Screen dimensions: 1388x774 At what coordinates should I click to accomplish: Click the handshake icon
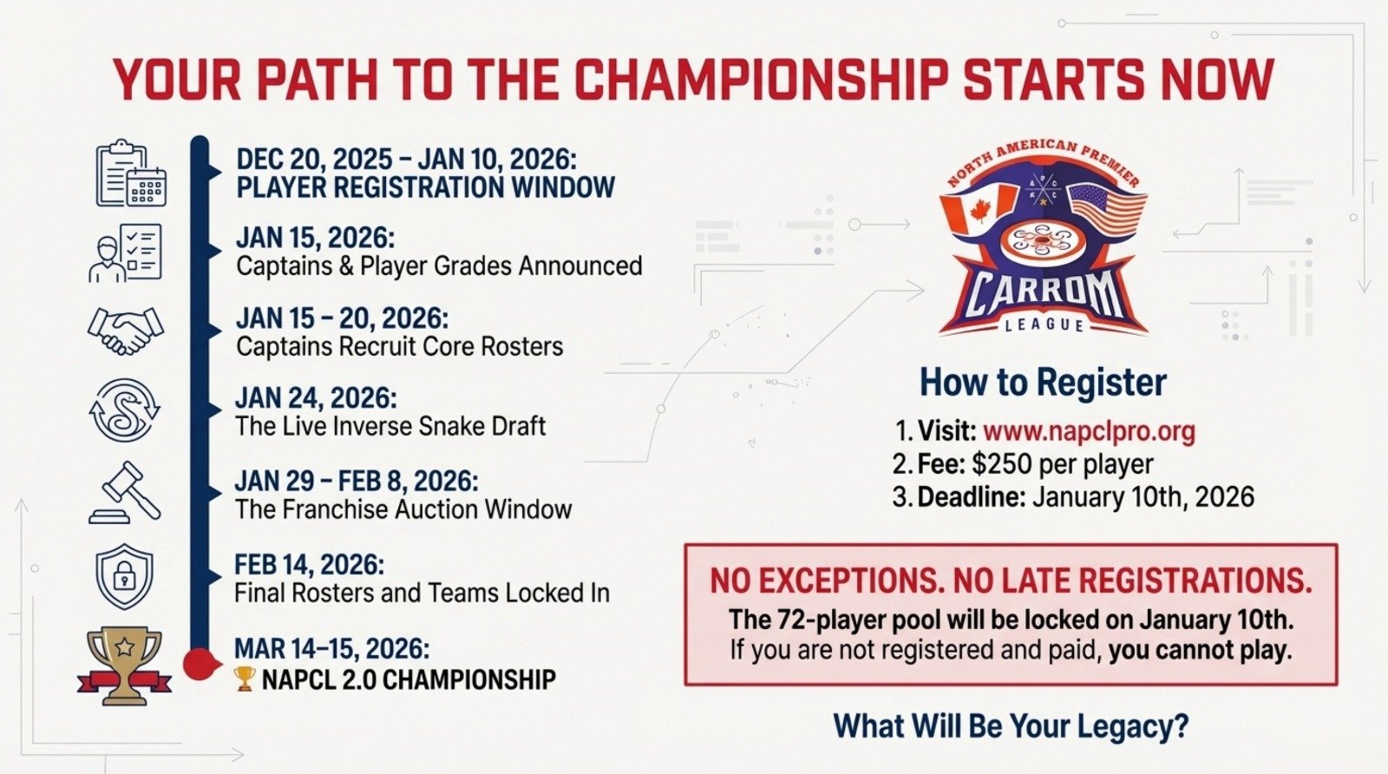[x=126, y=331]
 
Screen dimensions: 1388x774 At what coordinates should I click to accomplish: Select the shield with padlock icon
[x=125, y=577]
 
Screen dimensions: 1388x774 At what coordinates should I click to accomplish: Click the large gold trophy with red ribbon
[x=125, y=667]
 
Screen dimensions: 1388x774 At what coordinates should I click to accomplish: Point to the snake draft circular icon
[x=125, y=410]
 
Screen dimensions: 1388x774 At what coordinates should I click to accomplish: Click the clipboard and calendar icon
[x=131, y=174]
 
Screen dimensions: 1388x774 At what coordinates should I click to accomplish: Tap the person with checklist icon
[x=126, y=253]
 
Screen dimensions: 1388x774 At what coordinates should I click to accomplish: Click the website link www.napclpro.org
[x=1089, y=430]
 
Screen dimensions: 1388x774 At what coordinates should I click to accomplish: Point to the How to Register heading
[x=1043, y=382]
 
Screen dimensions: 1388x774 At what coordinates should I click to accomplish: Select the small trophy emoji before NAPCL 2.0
[x=245, y=679]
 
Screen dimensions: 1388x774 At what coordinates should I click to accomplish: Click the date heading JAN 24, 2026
[x=316, y=397]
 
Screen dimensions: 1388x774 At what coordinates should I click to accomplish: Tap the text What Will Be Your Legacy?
[x=1011, y=725]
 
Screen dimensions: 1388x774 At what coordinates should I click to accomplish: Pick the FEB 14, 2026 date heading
[x=309, y=565]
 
